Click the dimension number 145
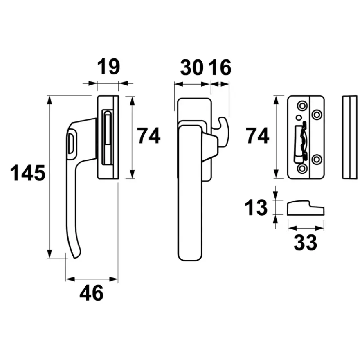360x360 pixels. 28,173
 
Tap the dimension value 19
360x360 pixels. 108,67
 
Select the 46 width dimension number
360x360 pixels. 92,293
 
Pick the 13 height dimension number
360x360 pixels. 256,207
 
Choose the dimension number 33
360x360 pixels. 305,243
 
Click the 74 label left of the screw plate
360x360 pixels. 257,136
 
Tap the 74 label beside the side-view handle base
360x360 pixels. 149,136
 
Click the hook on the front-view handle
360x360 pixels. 224,131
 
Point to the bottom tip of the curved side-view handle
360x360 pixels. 74,258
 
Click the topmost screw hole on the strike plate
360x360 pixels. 302,106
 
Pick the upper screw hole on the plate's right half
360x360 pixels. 317,114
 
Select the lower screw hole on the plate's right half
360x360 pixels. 317,159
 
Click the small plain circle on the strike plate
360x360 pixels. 299,117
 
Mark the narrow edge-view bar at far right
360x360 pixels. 350,137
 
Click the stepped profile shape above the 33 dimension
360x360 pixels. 306,208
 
